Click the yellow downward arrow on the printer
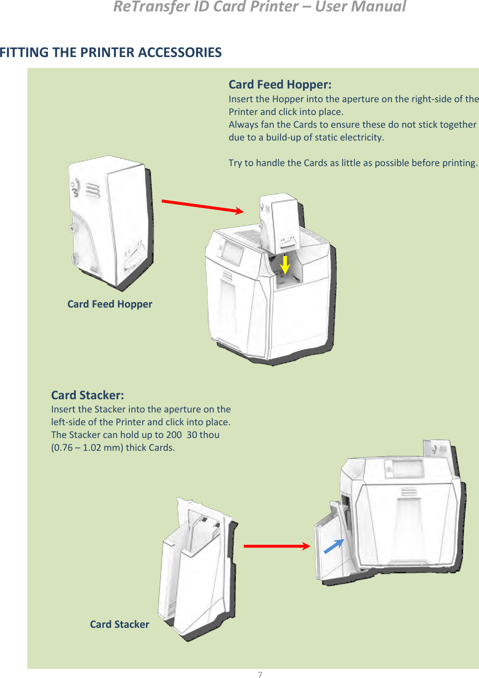tap(285, 265)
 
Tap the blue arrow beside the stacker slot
tap(334, 546)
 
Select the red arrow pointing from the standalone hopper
tap(203, 206)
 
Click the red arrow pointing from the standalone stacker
tap(276, 546)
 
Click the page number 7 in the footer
tap(260, 675)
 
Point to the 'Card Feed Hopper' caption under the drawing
tap(109, 304)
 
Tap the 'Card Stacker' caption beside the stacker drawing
tap(120, 624)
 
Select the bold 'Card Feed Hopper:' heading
tap(280, 84)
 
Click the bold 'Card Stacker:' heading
tap(87, 395)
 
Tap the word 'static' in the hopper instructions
tap(330, 137)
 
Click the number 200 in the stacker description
tap(174, 435)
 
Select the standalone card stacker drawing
tap(196, 570)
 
